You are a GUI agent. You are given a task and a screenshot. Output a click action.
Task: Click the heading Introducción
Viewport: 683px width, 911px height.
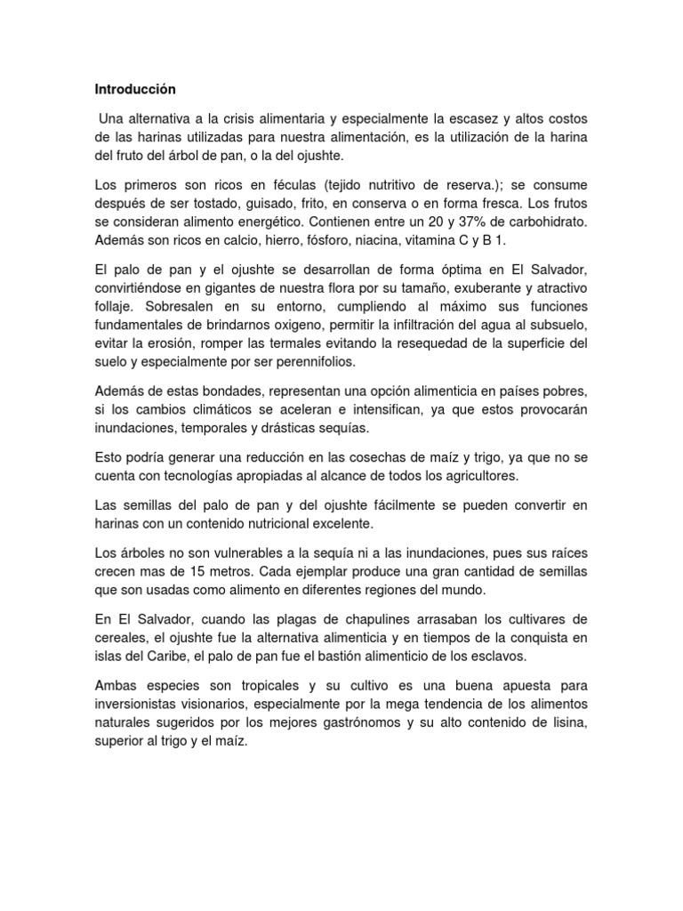[135, 90]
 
